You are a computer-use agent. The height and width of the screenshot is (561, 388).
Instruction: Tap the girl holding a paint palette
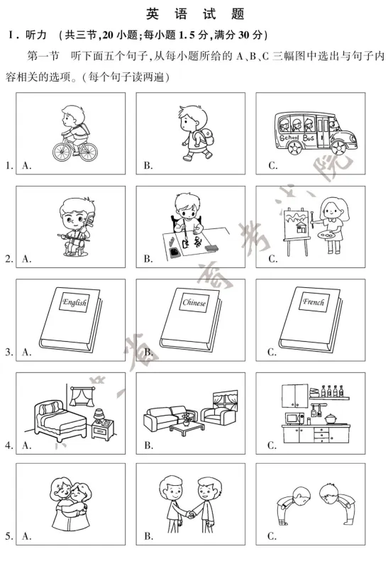tap(327, 223)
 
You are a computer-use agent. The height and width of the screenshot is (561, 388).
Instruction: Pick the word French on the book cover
tap(313, 302)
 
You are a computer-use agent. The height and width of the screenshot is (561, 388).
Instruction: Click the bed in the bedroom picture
tap(58, 418)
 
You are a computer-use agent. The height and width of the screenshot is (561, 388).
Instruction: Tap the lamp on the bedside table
tap(99, 412)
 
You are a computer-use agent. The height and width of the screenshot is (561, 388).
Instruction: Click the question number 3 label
tap(9, 351)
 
